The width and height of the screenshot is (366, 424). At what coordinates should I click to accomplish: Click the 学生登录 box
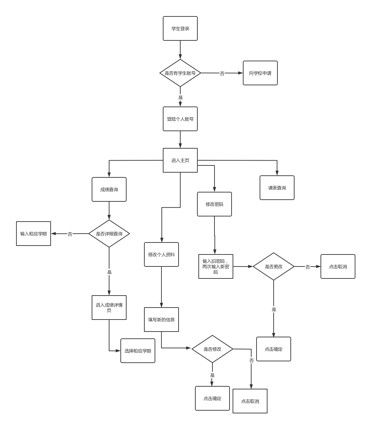(180, 28)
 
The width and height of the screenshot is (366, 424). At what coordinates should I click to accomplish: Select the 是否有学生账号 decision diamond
(180, 73)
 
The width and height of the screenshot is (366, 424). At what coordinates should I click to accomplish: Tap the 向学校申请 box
(260, 73)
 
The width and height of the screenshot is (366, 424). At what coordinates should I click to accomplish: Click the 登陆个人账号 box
(180, 119)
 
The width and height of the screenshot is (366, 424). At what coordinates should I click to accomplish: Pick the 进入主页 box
(180, 160)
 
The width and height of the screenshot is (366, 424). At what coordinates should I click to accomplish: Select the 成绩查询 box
(109, 189)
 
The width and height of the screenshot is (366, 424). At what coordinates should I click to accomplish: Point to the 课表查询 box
(277, 188)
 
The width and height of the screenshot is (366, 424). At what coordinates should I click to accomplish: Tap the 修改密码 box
(214, 204)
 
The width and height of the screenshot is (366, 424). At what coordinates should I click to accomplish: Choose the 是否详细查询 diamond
(109, 234)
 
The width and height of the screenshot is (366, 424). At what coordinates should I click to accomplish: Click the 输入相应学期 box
(34, 234)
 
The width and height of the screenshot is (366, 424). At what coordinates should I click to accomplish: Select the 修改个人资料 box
(161, 254)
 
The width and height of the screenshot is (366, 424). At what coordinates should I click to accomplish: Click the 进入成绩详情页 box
(109, 308)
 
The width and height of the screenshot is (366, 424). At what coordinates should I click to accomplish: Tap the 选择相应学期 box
(138, 351)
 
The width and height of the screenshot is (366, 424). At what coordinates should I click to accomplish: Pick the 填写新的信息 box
(161, 320)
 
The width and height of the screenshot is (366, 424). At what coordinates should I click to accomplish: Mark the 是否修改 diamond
(212, 349)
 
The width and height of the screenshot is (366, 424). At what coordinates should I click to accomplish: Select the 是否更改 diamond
(274, 266)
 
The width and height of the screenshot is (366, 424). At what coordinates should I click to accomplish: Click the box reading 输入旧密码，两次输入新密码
(216, 266)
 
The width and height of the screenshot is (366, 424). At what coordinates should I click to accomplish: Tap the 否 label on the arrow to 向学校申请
(222, 73)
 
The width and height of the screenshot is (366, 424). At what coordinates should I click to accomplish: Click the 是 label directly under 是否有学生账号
(181, 98)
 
